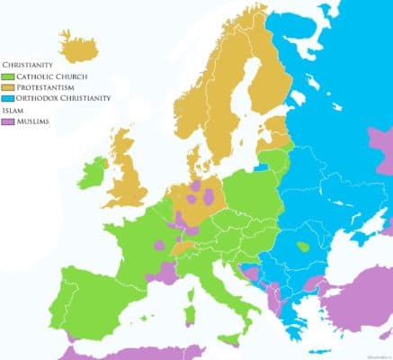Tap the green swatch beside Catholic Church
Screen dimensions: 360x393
click(8, 76)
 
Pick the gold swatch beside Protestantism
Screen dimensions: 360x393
click(8, 87)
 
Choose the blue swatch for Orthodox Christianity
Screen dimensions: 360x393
click(8, 98)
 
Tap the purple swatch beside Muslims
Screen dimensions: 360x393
click(8, 121)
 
